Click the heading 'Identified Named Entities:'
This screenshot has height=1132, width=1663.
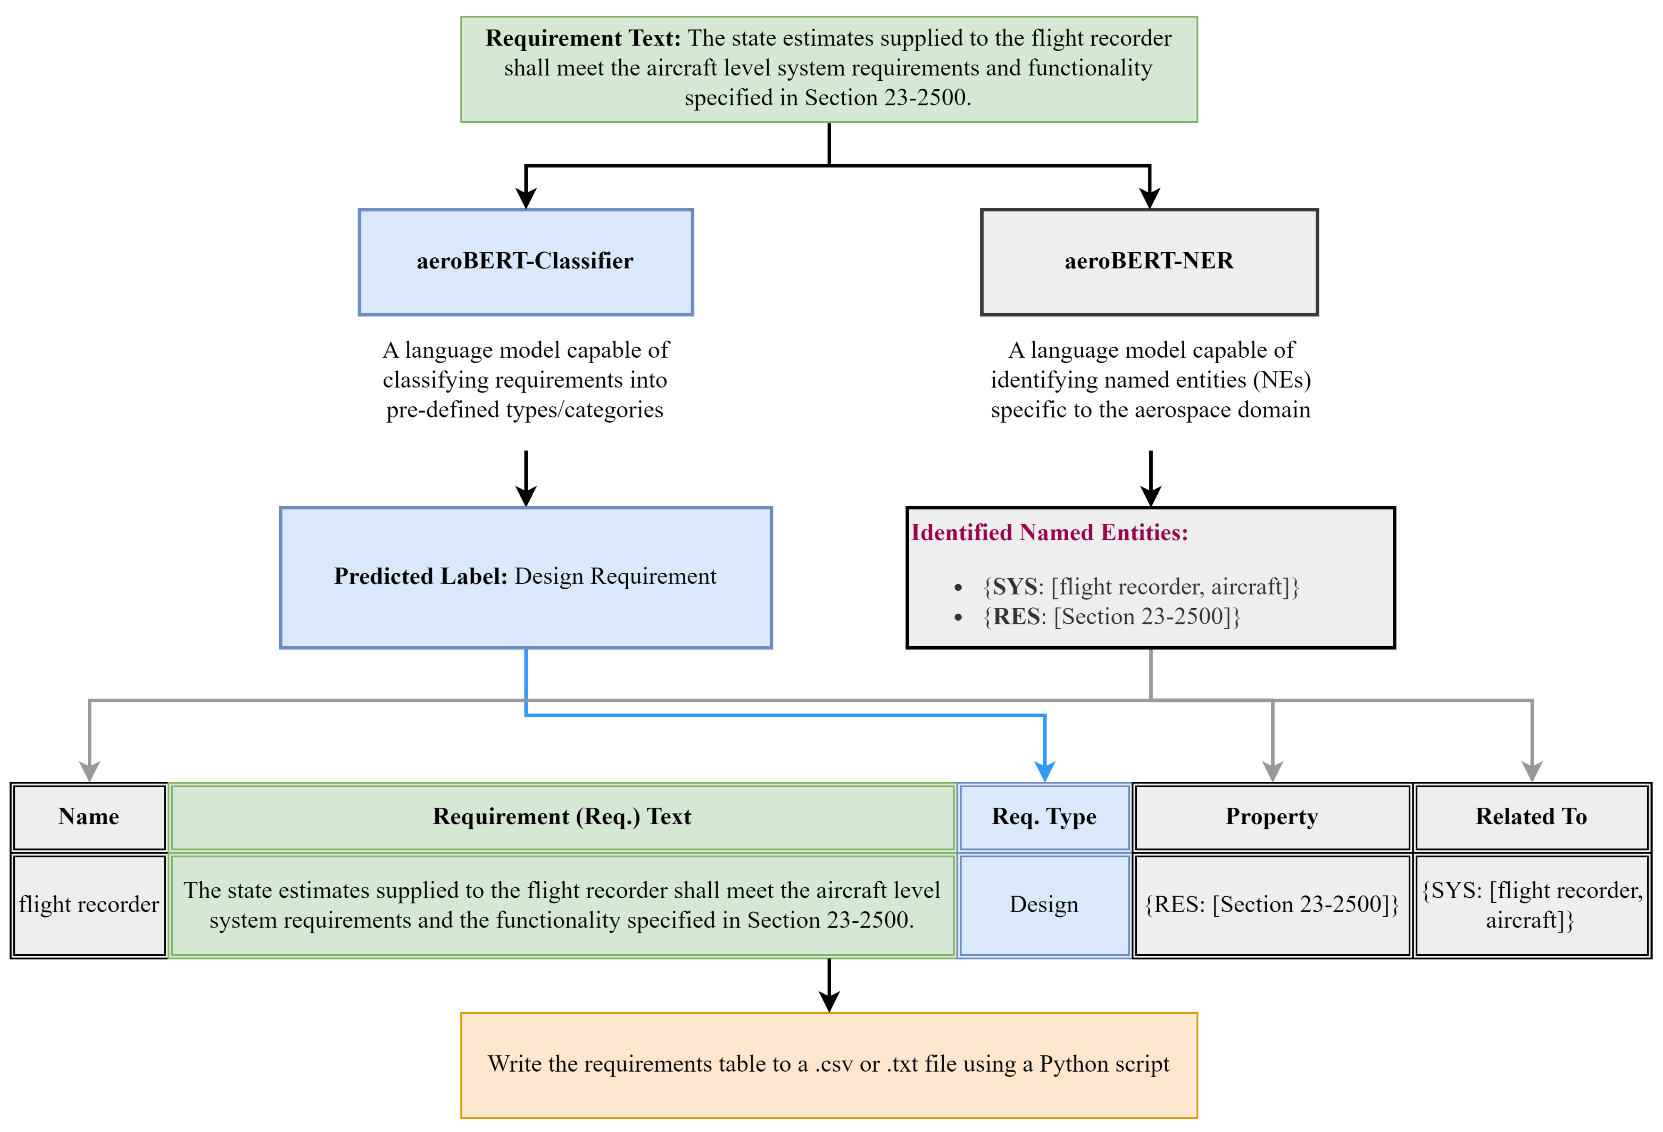point(1049,532)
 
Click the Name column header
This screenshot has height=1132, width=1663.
point(89,816)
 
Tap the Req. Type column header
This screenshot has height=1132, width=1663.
point(1044,816)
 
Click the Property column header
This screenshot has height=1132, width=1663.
point(1272,816)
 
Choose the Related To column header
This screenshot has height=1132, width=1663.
point(1531,816)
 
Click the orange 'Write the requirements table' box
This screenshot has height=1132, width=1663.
point(829,1064)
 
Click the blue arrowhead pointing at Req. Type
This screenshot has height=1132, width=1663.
point(1045,772)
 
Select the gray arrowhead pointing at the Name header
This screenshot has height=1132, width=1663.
point(89,772)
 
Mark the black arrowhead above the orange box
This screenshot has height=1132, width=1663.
point(829,1001)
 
